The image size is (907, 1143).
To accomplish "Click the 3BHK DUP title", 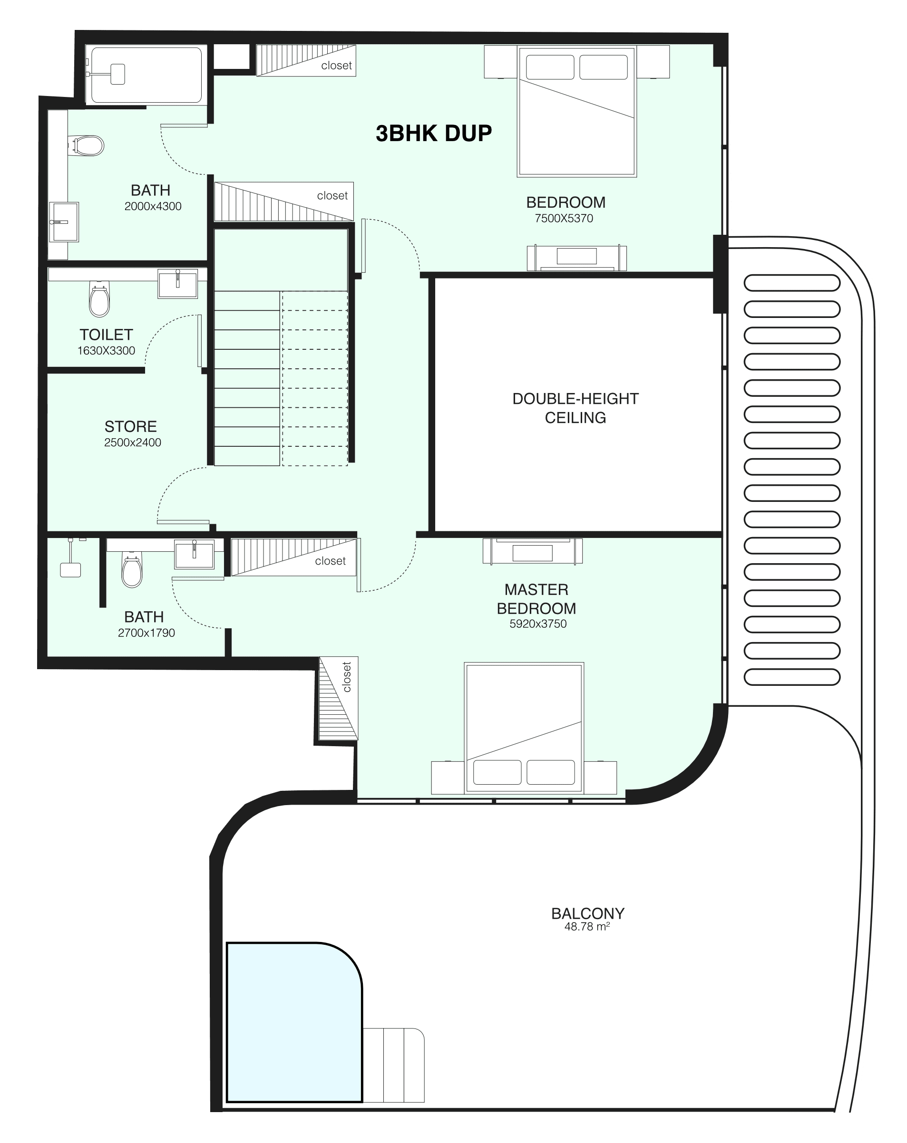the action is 433,133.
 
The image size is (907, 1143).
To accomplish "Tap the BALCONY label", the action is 588,913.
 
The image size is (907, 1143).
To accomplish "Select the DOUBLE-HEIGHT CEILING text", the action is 575,408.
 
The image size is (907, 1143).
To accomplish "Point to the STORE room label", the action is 130,426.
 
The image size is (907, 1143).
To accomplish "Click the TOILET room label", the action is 106,335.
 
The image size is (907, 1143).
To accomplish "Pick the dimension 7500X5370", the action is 564,218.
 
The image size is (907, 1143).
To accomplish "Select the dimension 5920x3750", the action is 538,624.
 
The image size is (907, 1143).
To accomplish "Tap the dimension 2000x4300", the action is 153,206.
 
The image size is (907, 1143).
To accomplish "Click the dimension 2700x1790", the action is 146,633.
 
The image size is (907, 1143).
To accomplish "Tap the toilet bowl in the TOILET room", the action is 99,300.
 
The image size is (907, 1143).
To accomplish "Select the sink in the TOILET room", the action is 178,283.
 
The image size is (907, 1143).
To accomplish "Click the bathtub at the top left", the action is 146,75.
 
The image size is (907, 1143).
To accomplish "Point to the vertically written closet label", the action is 347,677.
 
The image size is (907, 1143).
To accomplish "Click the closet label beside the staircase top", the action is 332,196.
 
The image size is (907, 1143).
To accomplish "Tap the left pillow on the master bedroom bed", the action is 497,772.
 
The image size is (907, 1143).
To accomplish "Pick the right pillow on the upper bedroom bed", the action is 604,67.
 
